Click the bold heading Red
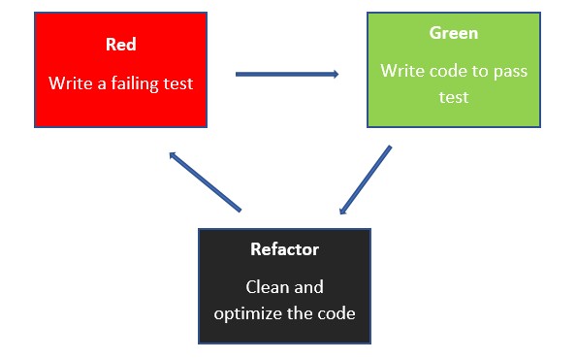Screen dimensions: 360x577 (x=120, y=46)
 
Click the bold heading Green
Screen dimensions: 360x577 (x=453, y=33)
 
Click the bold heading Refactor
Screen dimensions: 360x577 (x=284, y=249)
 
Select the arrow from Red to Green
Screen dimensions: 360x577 (x=286, y=73)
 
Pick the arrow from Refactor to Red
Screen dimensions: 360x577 (x=205, y=181)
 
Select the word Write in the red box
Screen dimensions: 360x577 (x=70, y=83)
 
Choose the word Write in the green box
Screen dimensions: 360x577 (x=401, y=71)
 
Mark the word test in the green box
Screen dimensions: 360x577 (x=453, y=97)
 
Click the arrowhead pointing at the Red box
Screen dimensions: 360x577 (x=172, y=154)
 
